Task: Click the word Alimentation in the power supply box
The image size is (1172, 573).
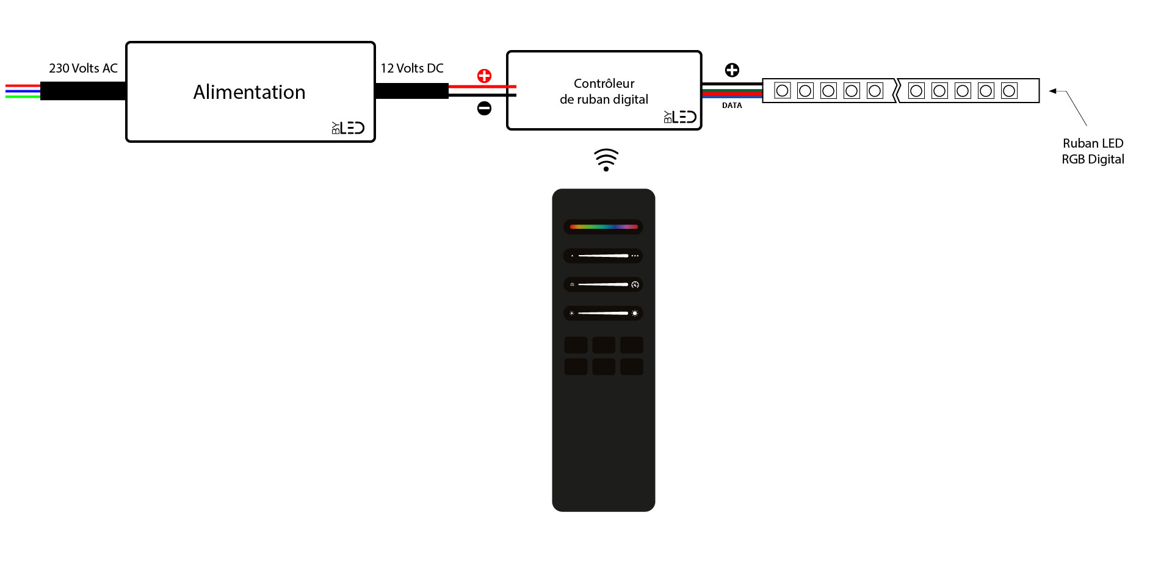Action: click(249, 92)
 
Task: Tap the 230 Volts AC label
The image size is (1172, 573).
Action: click(83, 68)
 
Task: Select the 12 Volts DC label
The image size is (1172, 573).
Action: click(412, 68)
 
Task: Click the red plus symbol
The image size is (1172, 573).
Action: click(484, 76)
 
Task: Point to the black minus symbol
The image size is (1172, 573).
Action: click(484, 109)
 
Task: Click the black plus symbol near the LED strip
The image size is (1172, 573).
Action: click(732, 70)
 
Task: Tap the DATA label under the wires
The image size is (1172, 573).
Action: click(732, 106)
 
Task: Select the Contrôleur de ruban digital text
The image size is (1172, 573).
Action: click(604, 92)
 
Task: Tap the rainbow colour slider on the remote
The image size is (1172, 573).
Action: click(603, 227)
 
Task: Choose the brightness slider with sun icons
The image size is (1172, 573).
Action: click(603, 313)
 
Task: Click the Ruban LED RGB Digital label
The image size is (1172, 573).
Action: click(1093, 151)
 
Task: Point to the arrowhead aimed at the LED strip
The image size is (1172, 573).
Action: click(1053, 91)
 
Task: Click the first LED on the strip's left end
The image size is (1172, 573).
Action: click(782, 91)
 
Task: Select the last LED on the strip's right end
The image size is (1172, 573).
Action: click(1009, 91)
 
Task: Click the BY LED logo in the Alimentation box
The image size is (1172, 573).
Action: click(348, 128)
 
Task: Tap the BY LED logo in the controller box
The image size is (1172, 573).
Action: click(680, 117)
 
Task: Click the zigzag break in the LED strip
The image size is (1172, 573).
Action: click(896, 91)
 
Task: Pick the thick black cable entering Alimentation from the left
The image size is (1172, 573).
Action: click(83, 91)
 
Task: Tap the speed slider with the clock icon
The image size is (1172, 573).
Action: click(603, 284)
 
